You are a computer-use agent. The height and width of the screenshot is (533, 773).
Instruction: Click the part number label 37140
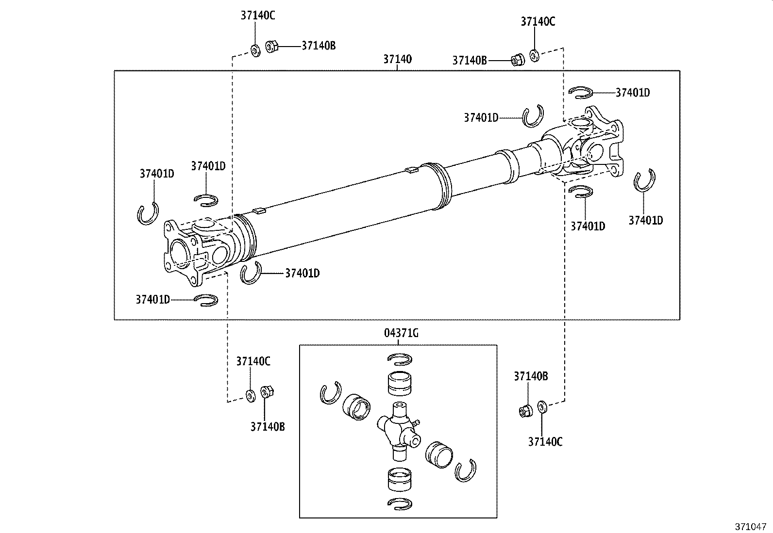point(397,59)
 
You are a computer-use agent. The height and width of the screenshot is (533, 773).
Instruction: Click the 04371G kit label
point(401,333)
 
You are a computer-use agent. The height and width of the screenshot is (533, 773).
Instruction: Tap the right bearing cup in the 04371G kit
point(438,454)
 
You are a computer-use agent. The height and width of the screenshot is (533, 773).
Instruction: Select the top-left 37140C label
point(258,16)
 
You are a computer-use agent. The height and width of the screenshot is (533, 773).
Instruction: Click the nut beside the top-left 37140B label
point(272,47)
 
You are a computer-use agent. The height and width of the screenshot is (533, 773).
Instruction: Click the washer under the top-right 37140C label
point(534,55)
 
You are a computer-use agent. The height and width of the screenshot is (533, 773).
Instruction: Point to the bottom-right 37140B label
point(531,376)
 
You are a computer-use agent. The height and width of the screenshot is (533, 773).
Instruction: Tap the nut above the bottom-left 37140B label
point(266,391)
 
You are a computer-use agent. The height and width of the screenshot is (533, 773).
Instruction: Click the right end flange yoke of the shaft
point(602,141)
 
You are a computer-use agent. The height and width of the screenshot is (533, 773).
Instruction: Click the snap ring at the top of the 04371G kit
point(400,359)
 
